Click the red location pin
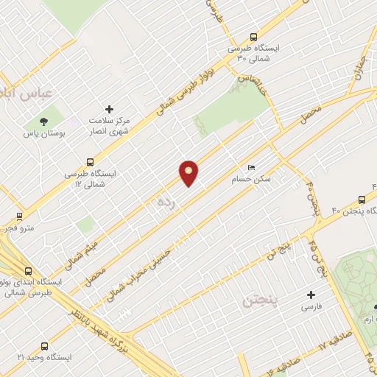(188, 173)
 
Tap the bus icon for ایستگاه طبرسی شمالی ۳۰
(254, 36)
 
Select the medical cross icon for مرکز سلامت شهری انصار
(110, 109)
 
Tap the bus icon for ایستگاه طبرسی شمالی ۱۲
(91, 161)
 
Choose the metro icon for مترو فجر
(20, 217)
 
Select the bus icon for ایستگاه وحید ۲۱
(45, 345)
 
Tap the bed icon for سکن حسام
(252, 168)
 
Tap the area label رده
(164, 203)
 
